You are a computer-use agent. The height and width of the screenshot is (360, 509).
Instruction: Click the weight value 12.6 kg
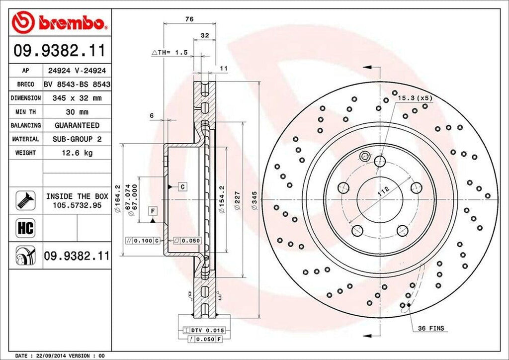(x=77, y=153)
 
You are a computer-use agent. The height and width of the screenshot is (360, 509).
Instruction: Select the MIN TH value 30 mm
(x=77, y=112)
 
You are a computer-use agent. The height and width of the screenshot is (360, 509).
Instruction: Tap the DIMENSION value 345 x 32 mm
(x=77, y=98)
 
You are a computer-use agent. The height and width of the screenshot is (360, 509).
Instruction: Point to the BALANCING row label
(x=26, y=125)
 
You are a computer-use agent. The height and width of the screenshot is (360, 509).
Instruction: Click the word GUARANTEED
(x=77, y=125)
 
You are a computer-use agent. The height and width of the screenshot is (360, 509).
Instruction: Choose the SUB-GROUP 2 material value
(x=77, y=139)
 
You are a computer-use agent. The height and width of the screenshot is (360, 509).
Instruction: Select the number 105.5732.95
(x=77, y=204)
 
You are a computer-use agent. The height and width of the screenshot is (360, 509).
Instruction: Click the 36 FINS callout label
(x=430, y=328)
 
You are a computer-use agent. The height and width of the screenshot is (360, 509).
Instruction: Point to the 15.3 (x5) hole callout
(x=415, y=98)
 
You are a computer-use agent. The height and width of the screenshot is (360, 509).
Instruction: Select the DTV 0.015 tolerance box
(x=208, y=330)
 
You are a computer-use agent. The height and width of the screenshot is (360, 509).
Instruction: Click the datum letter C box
(x=182, y=186)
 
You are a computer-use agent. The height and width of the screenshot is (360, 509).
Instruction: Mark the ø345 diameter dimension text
(x=254, y=204)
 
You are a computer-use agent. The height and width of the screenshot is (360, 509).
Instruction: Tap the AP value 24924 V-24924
(x=77, y=71)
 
